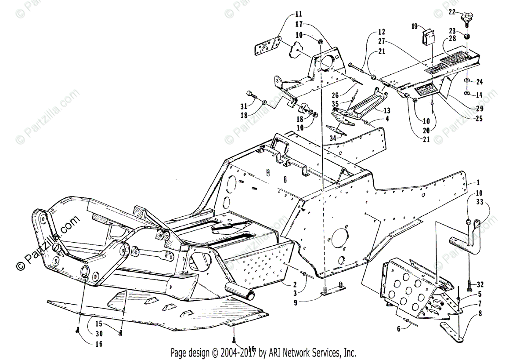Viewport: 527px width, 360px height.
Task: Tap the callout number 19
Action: point(415,27)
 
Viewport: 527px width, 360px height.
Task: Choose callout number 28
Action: point(452,40)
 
